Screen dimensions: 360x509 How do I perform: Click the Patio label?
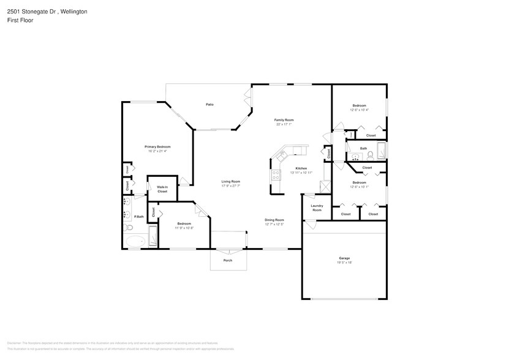coord(209,105)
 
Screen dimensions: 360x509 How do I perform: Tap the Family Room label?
coord(284,119)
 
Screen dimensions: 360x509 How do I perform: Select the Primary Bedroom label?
coord(157,147)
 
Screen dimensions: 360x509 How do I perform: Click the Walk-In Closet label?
coord(162,189)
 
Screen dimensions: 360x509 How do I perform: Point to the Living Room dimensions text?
coord(230,186)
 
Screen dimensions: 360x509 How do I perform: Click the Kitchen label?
coord(301,168)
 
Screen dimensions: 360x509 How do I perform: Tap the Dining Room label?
coord(274,220)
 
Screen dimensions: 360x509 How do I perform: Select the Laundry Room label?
coord(317,208)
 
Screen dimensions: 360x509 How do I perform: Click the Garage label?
coord(344,258)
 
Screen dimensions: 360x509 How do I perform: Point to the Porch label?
coord(227,260)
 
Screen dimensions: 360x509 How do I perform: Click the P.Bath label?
coord(139,217)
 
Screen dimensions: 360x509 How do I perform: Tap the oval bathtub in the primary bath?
coord(136,241)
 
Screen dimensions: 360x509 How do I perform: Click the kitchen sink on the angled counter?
coord(283,156)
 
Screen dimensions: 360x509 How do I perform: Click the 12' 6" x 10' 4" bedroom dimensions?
coord(358,110)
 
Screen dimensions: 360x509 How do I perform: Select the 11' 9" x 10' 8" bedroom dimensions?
coord(184,228)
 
